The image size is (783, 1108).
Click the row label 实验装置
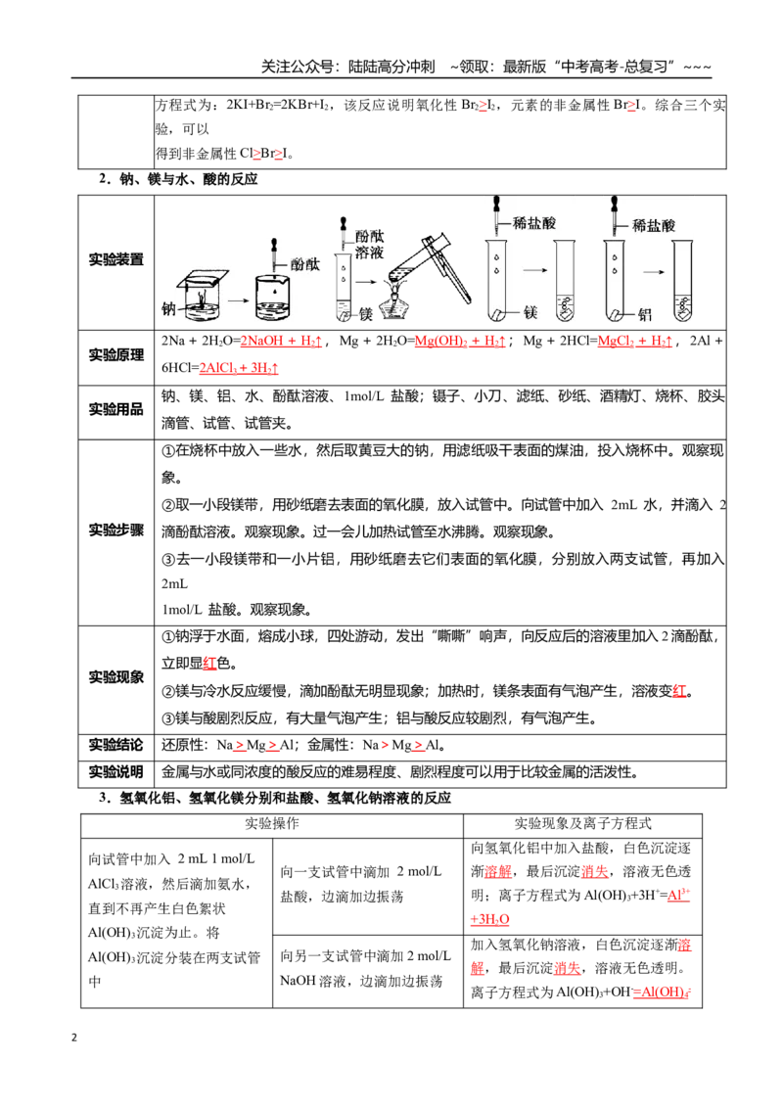pyautogui.click(x=115, y=259)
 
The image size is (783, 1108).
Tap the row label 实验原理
pyautogui.click(x=115, y=354)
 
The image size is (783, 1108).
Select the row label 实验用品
pyautogui.click(x=115, y=409)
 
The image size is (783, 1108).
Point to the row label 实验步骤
pyautogui.click(x=115, y=530)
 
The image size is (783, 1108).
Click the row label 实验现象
pyautogui.click(x=115, y=677)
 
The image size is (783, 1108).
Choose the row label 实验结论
pyautogui.click(x=115, y=745)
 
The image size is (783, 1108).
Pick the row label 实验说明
pyautogui.click(x=115, y=771)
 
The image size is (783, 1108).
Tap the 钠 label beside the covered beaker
pyautogui.click(x=168, y=308)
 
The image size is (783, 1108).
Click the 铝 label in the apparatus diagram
pyautogui.click(x=644, y=314)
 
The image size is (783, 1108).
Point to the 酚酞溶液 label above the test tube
pyautogui.click(x=369, y=245)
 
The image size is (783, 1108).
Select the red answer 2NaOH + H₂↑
pyautogui.click(x=281, y=342)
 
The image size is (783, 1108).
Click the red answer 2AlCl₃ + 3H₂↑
pyautogui.click(x=239, y=368)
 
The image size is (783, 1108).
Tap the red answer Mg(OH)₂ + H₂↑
pyautogui.click(x=460, y=342)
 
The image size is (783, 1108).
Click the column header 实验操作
pyautogui.click(x=272, y=824)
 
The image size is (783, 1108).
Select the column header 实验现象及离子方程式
pyautogui.click(x=582, y=824)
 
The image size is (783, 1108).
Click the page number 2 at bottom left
pyautogui.click(x=74, y=1038)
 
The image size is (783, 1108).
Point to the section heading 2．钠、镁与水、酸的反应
pyautogui.click(x=178, y=179)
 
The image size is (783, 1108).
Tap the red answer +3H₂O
pyautogui.click(x=489, y=919)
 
